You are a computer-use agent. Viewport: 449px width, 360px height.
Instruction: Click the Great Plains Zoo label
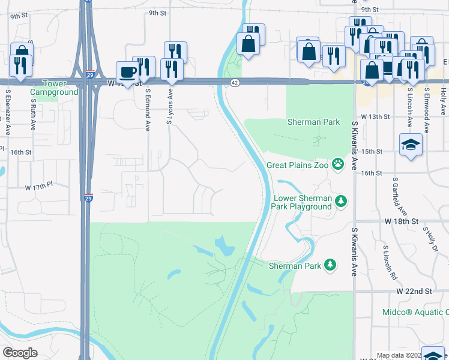[x=298, y=164]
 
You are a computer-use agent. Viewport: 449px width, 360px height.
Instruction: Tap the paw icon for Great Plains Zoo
[x=339, y=163]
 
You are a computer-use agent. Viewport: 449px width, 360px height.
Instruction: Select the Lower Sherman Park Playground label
[x=303, y=202]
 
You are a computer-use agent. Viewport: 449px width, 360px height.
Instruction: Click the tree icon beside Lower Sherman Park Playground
[x=341, y=200]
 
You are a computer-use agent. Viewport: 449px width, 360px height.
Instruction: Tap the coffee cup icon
[x=128, y=72]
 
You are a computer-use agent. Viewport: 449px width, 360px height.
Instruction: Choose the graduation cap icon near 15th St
[x=411, y=145]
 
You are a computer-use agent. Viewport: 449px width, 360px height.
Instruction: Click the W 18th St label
[x=401, y=221]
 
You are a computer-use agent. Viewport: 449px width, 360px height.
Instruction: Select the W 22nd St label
[x=414, y=290]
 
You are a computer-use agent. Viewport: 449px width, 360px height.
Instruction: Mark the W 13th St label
[x=376, y=116]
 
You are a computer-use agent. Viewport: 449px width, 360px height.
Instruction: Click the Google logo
[x=20, y=353]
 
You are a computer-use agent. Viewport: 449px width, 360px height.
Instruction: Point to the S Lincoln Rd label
[x=391, y=262]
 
